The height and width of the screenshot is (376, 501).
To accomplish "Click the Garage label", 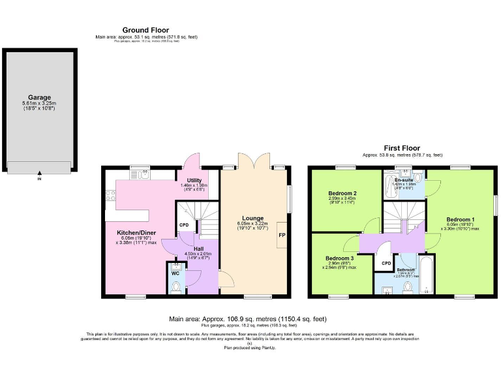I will pyautogui.click(x=39, y=98).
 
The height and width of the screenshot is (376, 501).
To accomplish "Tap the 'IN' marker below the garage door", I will pyautogui.click(x=39, y=178).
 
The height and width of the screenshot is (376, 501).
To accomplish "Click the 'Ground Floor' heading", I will pyautogui.click(x=145, y=30).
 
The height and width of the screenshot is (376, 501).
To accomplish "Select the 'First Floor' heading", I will pyautogui.click(x=402, y=148).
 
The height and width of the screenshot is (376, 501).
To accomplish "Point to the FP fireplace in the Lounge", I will pyautogui.click(x=282, y=235).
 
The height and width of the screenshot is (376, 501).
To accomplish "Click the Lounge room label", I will pyautogui.click(x=252, y=218).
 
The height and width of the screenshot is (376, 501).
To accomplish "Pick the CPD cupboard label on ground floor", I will pyautogui.click(x=184, y=225).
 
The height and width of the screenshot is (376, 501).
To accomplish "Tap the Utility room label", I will pyautogui.click(x=194, y=180).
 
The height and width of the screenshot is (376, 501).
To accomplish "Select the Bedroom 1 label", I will pyautogui.click(x=461, y=219).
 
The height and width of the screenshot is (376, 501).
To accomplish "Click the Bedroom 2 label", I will pyautogui.click(x=341, y=194).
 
